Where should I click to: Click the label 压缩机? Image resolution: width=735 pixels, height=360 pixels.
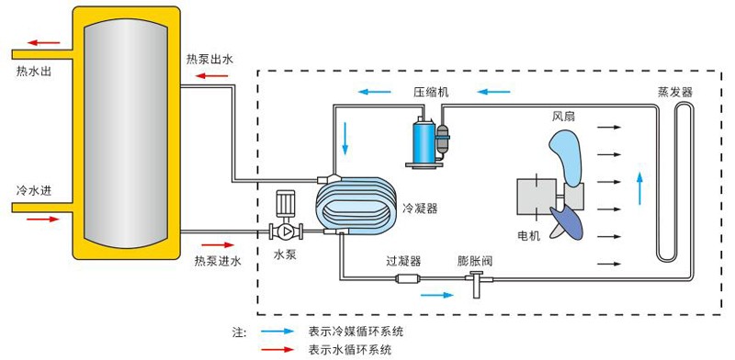pyautogui.click(x=430, y=93)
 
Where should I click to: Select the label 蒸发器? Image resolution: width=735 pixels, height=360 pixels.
pyautogui.click(x=674, y=93)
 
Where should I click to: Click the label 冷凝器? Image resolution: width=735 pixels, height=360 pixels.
pyautogui.click(x=420, y=208)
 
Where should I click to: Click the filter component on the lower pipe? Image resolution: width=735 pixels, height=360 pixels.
pyautogui.click(x=406, y=279)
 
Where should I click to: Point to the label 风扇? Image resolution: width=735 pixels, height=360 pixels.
pyautogui.click(x=564, y=117)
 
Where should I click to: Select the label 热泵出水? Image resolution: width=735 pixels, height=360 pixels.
pyautogui.click(x=209, y=59)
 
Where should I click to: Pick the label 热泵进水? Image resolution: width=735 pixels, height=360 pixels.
pyautogui.click(x=217, y=262)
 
